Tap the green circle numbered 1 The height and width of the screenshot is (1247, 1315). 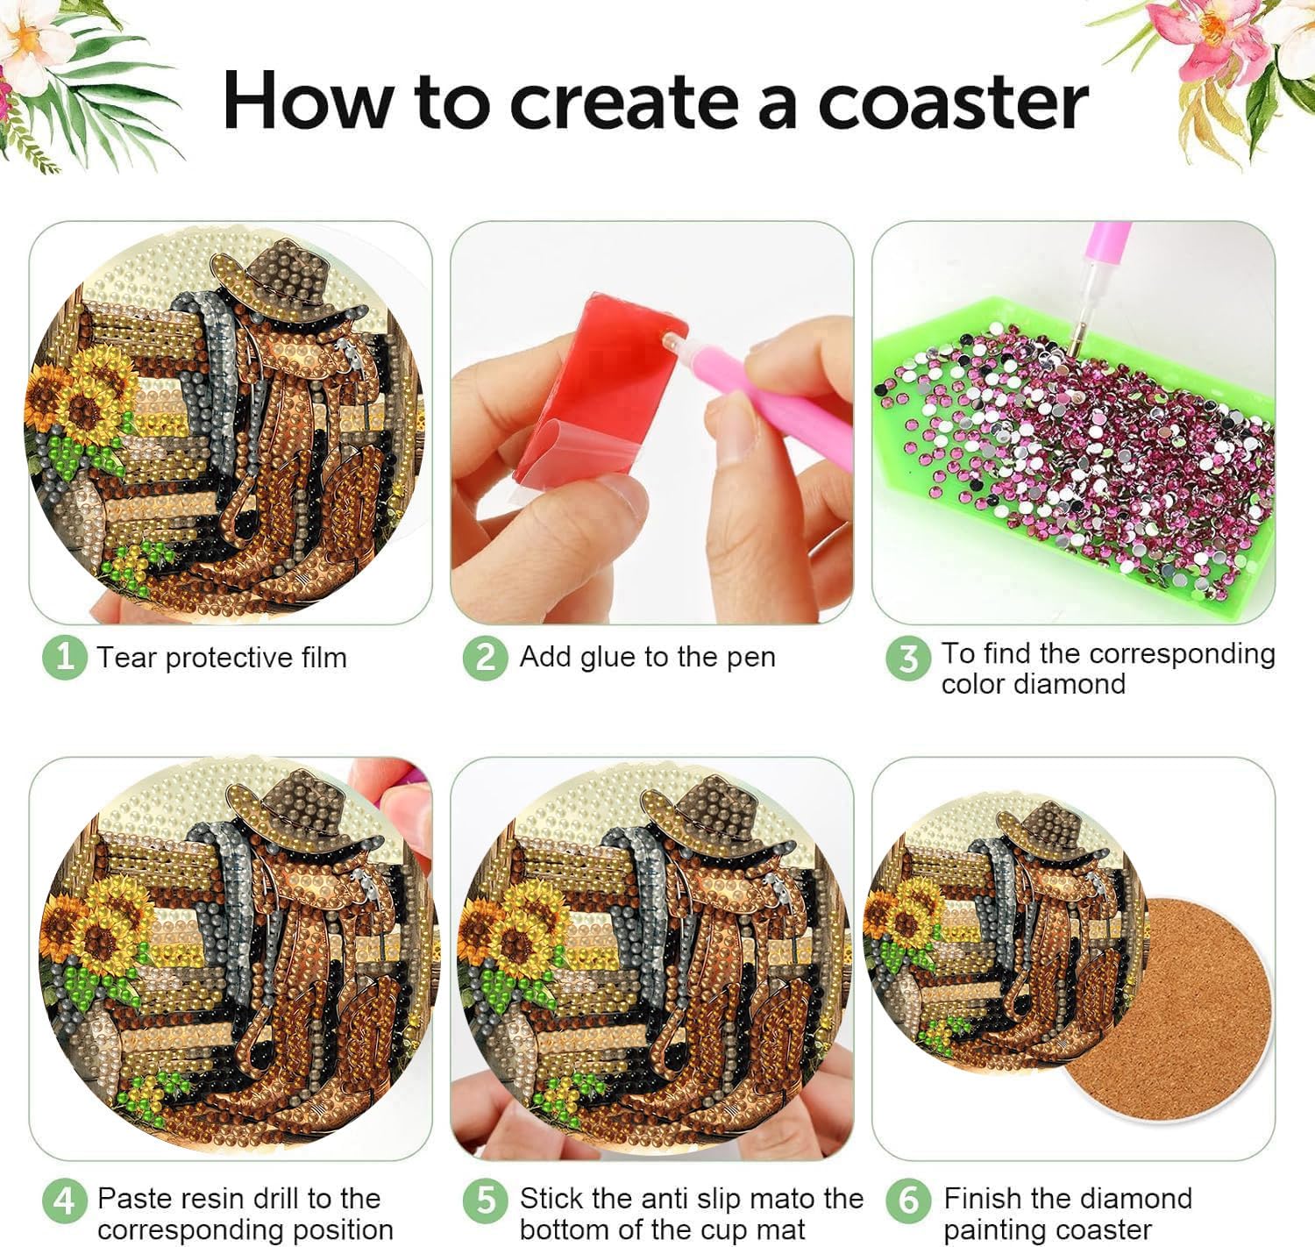[65, 658]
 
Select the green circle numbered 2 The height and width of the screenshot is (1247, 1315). [486, 658]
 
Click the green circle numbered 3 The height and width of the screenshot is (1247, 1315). [908, 659]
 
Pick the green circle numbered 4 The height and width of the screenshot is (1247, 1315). [65, 1200]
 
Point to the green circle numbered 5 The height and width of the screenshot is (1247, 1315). [486, 1200]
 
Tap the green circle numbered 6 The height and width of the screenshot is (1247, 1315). [908, 1200]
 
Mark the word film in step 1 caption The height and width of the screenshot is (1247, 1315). [323, 658]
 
